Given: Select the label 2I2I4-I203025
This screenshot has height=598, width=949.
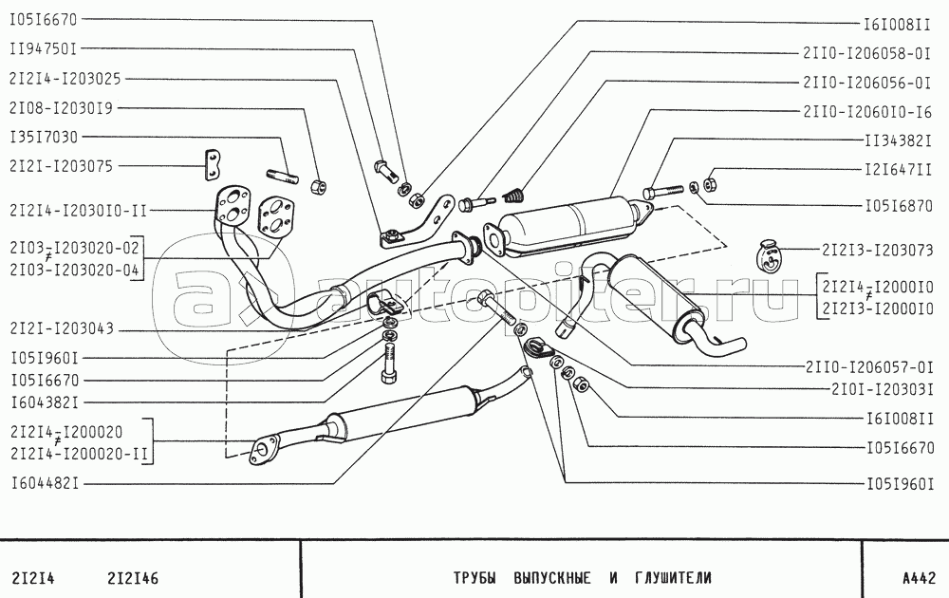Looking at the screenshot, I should click(65, 78).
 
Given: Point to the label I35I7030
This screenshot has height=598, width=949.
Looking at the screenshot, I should click(45, 136).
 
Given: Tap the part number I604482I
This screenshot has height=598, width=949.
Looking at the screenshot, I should click(45, 483).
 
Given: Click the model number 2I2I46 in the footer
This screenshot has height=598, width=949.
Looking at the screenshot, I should click(133, 577).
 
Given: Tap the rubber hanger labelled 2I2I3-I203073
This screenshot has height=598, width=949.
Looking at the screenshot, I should click(771, 255).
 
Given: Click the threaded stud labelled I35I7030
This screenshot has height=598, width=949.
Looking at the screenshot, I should click(286, 174).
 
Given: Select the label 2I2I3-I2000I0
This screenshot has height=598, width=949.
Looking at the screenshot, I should click(878, 308).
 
